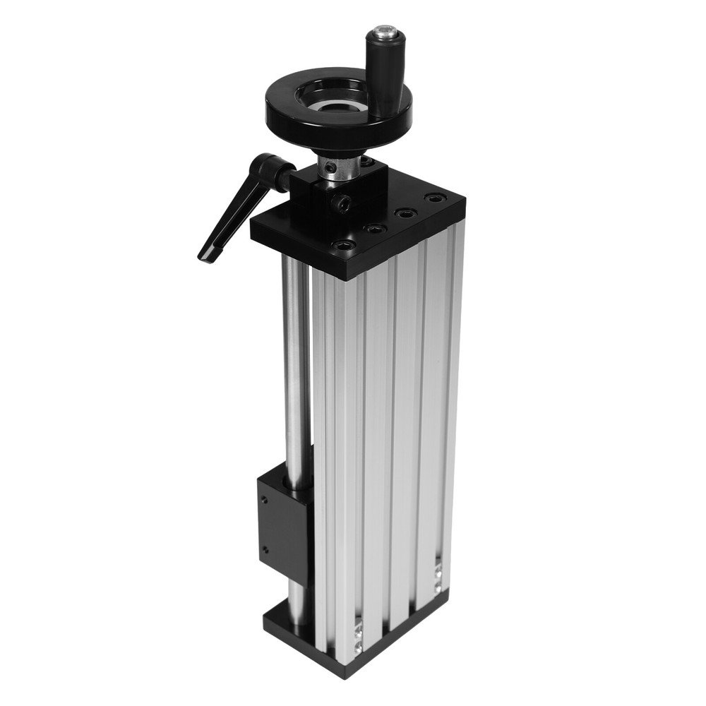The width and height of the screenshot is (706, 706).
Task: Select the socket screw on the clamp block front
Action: pos(344,205)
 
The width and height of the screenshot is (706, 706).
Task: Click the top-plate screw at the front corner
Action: pos(344,245)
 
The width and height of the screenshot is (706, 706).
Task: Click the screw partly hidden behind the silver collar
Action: pos(366,162)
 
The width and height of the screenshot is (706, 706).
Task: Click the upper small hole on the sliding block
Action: pos(263,498)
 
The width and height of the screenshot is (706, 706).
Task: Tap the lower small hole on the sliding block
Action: pos(265,549)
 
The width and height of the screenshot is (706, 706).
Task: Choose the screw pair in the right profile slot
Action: pos(438,575)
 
